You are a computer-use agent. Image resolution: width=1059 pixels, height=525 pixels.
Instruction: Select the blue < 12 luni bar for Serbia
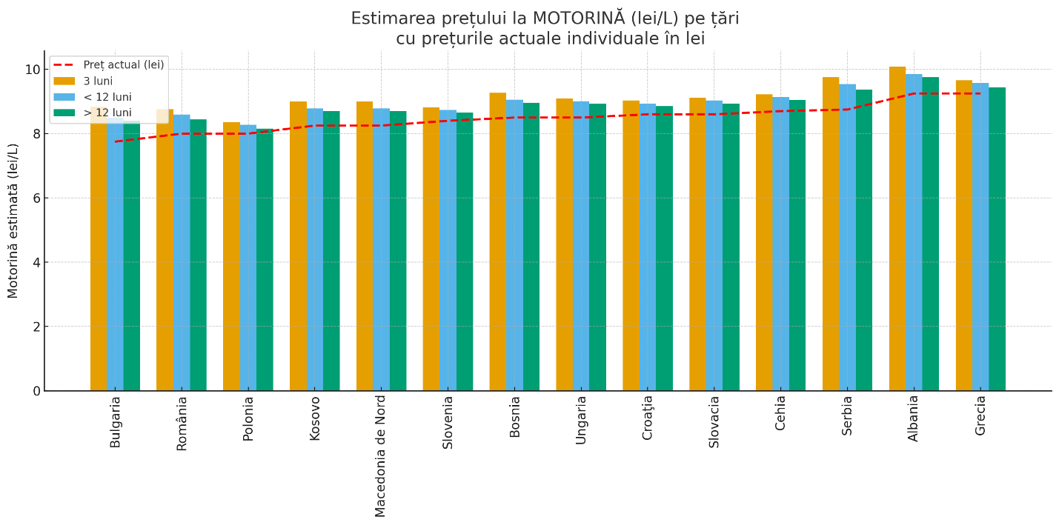click(x=847, y=237)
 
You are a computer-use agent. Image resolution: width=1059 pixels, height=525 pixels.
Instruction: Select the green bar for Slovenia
click(x=465, y=252)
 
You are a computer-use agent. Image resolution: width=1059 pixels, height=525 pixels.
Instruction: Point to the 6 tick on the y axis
click(x=36, y=198)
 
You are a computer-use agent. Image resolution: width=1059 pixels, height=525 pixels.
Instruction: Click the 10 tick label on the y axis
click(x=33, y=70)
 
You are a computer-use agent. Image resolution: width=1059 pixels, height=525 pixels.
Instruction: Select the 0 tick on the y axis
click(x=36, y=391)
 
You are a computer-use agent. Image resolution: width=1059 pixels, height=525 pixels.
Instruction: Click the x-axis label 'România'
click(x=182, y=423)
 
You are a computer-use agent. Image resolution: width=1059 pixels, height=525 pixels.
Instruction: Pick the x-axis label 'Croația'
click(x=648, y=418)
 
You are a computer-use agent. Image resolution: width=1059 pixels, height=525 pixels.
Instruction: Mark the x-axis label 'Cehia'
click(x=780, y=412)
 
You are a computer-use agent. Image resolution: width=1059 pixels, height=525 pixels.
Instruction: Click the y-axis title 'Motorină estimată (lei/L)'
click(x=13, y=221)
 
